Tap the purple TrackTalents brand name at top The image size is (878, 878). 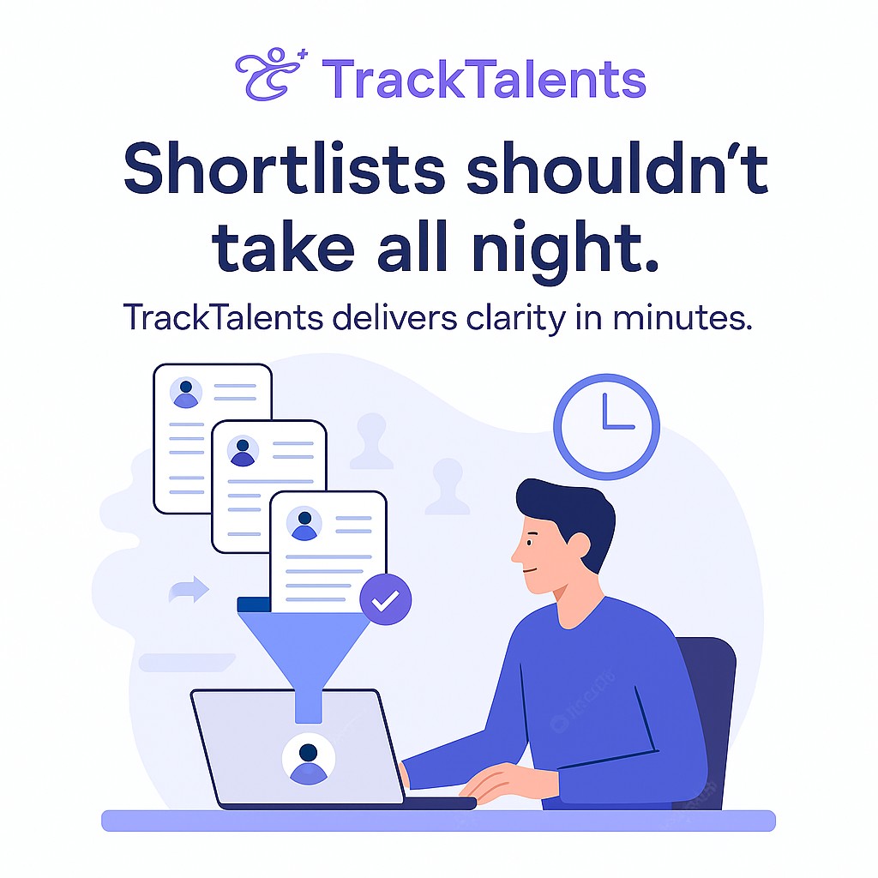click(484, 79)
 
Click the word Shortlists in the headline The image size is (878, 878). click(284, 168)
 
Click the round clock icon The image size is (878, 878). click(606, 427)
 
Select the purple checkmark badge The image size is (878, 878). click(385, 599)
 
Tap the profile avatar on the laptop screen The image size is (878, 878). click(309, 760)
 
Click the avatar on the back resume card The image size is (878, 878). click(186, 392)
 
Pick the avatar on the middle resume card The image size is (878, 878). click(243, 451)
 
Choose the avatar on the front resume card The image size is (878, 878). click(304, 524)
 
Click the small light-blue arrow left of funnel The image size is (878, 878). click(189, 590)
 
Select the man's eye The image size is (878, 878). click(530, 543)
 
